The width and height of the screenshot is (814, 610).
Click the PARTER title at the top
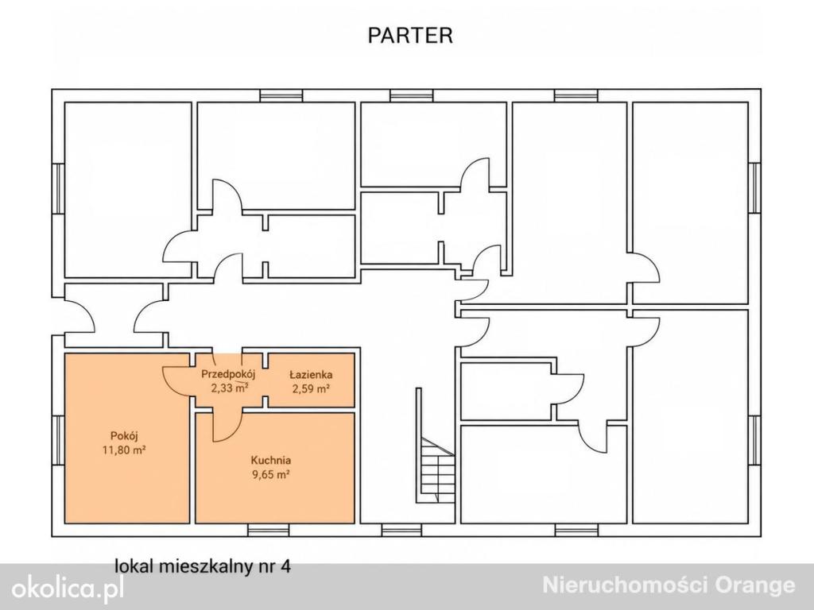[x=410, y=35]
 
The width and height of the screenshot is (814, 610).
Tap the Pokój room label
[x=124, y=436]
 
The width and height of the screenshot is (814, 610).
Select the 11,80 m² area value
[x=123, y=450]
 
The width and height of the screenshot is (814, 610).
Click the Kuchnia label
[x=270, y=460]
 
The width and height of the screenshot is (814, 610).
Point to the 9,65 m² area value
[x=270, y=474]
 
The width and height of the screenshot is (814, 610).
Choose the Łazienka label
[x=311, y=374]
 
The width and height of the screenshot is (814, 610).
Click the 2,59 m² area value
[x=311, y=388]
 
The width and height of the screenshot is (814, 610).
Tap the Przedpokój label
[x=228, y=373]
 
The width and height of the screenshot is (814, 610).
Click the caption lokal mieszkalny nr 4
[x=203, y=566]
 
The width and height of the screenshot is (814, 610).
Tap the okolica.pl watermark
[x=68, y=589]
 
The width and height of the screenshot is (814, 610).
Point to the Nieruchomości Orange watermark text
[x=669, y=585]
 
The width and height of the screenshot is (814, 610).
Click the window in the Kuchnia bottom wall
[x=268, y=530]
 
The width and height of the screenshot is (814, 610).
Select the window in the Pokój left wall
[x=57, y=442]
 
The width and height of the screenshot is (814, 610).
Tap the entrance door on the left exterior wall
[x=79, y=315]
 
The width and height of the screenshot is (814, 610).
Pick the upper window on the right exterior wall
[x=754, y=187]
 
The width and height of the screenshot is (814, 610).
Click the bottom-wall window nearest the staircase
[x=402, y=530]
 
